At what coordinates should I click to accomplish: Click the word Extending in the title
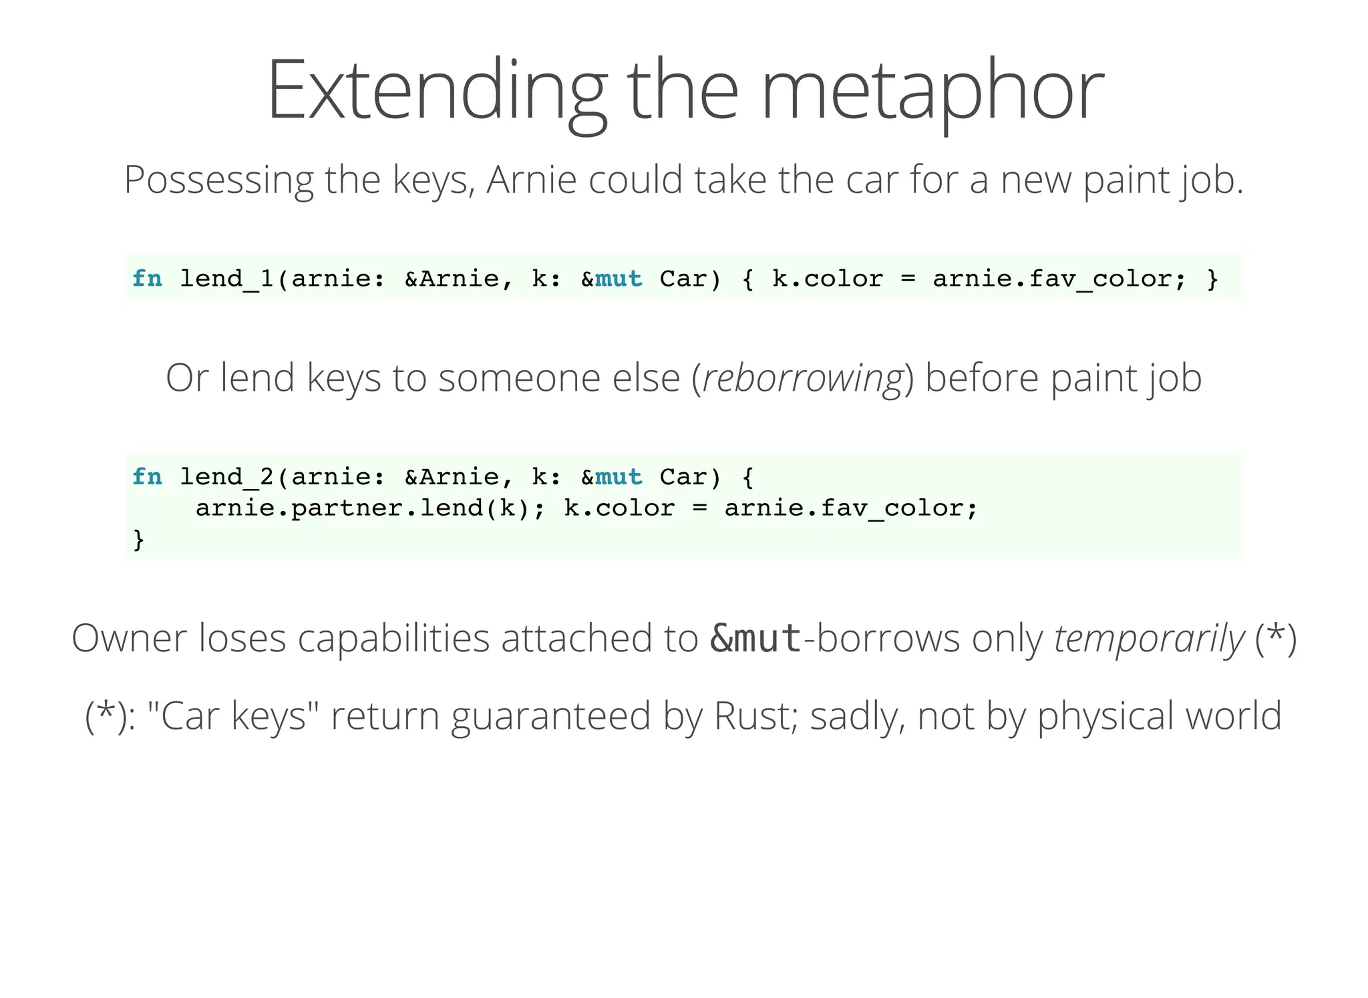(x=436, y=92)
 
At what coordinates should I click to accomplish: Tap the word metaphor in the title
(x=932, y=92)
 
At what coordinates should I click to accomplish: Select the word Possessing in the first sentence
(x=218, y=180)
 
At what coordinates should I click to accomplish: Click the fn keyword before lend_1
(x=147, y=279)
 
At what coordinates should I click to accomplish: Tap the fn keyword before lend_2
(x=147, y=477)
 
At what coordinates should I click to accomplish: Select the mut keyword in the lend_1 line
(x=619, y=279)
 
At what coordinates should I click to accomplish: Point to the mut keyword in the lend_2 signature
(x=619, y=477)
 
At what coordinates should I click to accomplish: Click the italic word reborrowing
(x=802, y=378)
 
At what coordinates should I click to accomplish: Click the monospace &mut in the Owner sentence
(x=755, y=639)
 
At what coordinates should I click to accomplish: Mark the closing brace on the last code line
(x=138, y=539)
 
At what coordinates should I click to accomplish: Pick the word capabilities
(x=394, y=639)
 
